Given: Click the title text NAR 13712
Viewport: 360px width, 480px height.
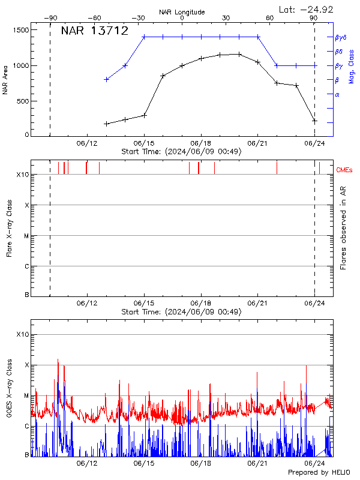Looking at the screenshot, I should (95, 31).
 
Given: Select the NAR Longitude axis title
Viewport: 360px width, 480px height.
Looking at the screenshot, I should (182, 11).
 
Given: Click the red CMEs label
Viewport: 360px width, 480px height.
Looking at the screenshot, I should (345, 170).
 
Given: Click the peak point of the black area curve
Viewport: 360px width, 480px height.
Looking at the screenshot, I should (239, 54).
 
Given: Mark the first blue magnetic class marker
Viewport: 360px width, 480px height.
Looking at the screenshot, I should (106, 79).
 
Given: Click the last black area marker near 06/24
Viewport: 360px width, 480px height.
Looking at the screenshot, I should (314, 121).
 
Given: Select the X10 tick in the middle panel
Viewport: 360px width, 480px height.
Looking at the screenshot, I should (23, 175).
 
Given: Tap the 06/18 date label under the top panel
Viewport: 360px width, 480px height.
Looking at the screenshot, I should (200, 143).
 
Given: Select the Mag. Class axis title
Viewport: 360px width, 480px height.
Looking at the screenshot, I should (352, 65).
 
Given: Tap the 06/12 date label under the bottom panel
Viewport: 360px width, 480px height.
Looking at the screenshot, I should (87, 464).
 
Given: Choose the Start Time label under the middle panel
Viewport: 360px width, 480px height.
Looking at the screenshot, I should (181, 312).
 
